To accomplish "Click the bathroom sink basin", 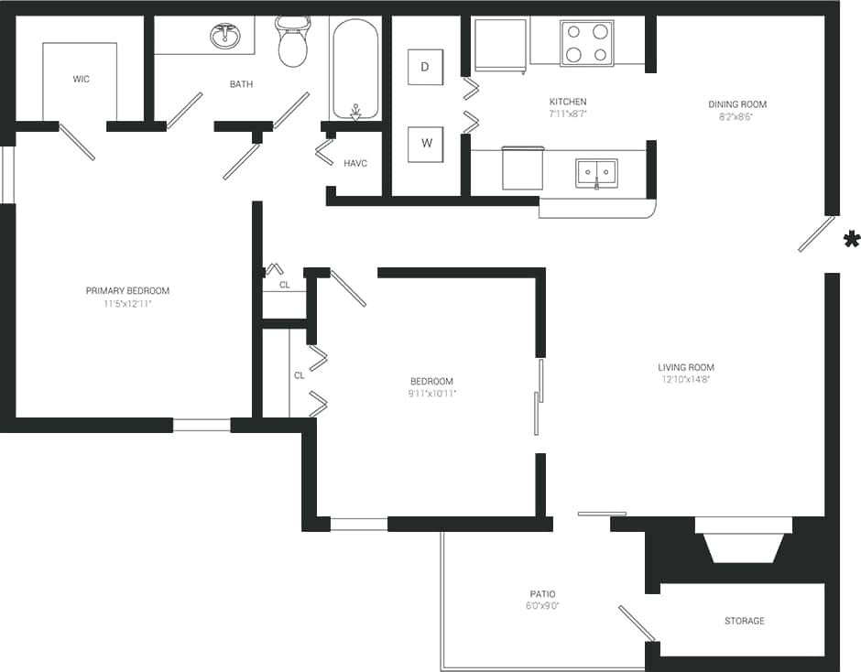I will (225, 37).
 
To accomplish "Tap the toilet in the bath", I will (293, 44).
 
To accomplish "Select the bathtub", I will (354, 70).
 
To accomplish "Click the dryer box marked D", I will (425, 67).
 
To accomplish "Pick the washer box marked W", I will (425, 144).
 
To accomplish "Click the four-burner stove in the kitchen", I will (586, 43).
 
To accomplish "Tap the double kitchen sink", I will (596, 172).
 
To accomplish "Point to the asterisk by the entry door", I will (851, 240).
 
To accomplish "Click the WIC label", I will (82, 80).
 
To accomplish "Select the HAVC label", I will (355, 164).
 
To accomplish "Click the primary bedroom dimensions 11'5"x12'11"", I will (127, 303).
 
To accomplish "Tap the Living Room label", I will (685, 368).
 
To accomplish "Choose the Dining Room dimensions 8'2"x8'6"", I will (737, 117).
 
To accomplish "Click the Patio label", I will (542, 594).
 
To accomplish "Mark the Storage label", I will (744, 621).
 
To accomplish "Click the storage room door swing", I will (636, 623).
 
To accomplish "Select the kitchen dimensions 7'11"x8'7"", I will (568, 114).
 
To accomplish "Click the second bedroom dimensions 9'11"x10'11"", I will (431, 394).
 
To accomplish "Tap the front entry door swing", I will (816, 234).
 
